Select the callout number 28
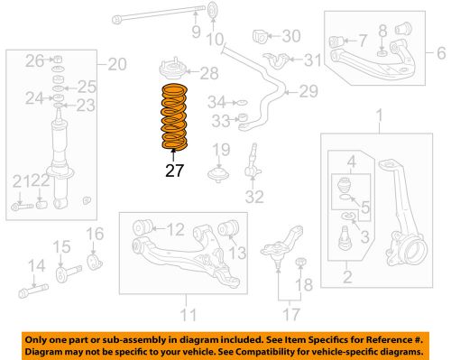[208, 73]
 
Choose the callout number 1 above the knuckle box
[379, 115]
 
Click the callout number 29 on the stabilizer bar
[308, 91]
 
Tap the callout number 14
[35, 265]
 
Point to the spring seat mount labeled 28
[170, 71]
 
